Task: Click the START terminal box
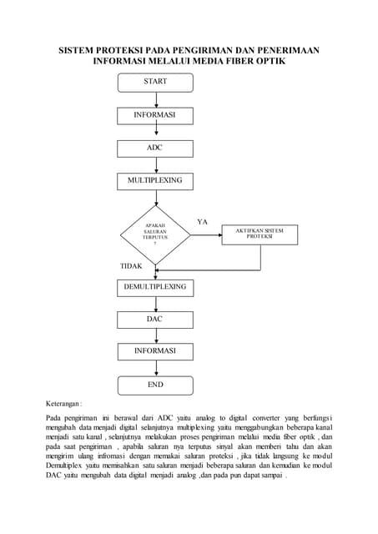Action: pos(154,82)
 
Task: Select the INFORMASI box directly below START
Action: pos(154,115)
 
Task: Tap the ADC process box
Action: pos(154,148)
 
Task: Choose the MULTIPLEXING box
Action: pos(154,180)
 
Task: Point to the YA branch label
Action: pos(202,221)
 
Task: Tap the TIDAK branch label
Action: pos(132,266)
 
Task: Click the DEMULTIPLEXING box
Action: pos(154,287)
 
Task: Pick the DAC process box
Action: pos(154,320)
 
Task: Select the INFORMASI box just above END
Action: pos(154,352)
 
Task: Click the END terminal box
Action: pos(154,385)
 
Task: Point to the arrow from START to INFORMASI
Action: pos(154,98)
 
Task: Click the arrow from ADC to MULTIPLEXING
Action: pos(154,164)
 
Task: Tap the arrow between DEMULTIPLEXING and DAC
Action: pos(154,304)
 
